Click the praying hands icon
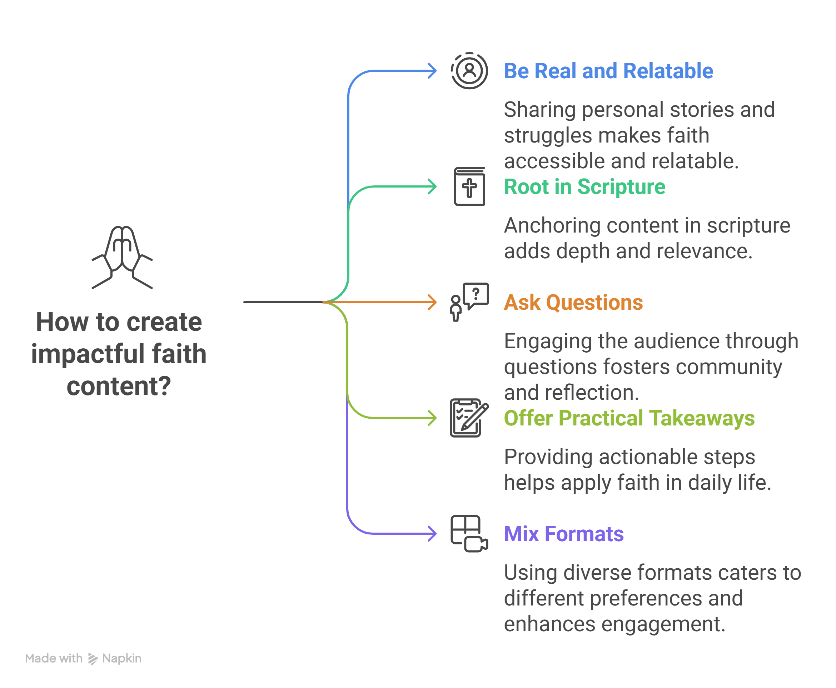[122, 257]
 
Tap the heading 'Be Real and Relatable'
[608, 71]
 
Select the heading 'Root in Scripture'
[584, 187]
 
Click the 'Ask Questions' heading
[573, 303]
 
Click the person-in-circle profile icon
[469, 71]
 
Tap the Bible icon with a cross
[469, 186]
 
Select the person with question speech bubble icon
[469, 302]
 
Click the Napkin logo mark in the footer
[93, 659]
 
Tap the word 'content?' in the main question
[119, 386]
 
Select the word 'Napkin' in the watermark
[122, 658]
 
